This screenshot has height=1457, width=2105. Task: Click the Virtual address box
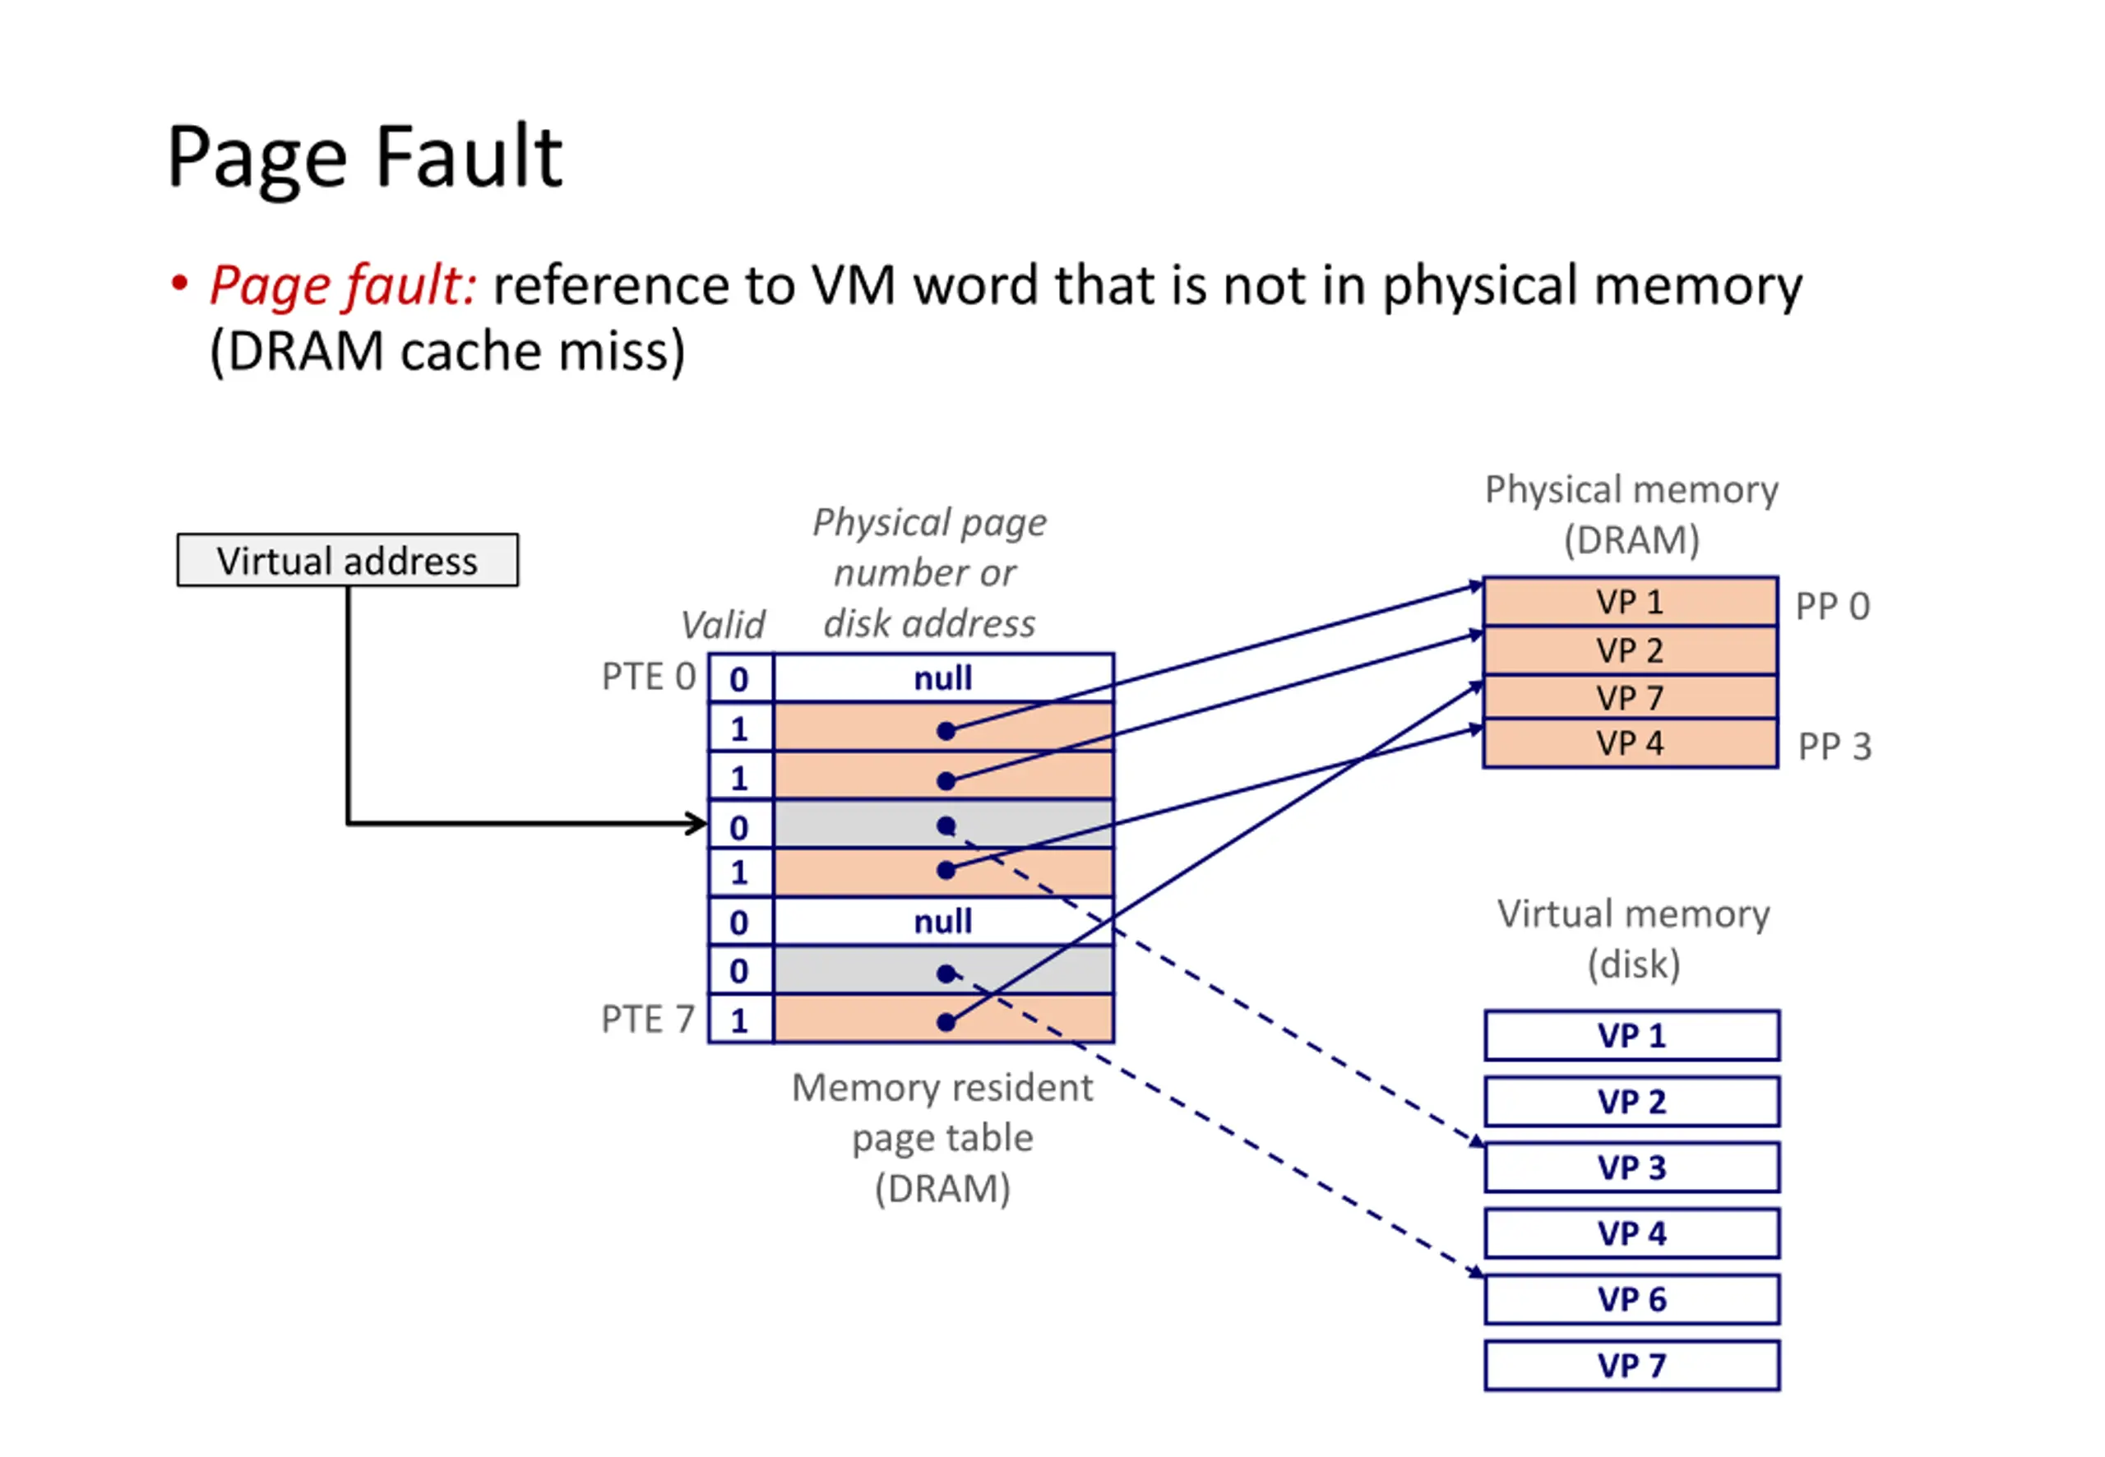click(x=348, y=560)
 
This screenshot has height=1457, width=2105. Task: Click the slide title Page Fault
click(x=364, y=157)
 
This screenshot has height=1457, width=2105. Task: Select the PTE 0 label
click(x=648, y=677)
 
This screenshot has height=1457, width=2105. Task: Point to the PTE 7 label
click(x=647, y=1019)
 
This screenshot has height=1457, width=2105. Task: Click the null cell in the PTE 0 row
click(x=943, y=678)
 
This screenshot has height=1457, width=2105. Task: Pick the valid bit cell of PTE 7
click(x=740, y=1020)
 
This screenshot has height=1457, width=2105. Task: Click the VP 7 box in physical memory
click(x=1631, y=697)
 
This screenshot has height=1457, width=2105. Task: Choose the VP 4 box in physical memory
click(x=1631, y=744)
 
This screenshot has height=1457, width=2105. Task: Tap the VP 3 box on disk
click(x=1631, y=1168)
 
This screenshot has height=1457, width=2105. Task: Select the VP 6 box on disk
click(x=1631, y=1299)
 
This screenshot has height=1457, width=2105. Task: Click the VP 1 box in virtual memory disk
click(x=1631, y=1035)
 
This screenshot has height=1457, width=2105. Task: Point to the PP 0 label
click(x=1832, y=606)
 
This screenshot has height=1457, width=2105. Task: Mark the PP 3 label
click(x=1834, y=747)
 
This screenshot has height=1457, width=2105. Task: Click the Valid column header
click(x=723, y=626)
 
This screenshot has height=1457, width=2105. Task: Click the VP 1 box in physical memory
click(x=1631, y=602)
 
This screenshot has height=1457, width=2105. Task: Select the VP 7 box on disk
click(x=1631, y=1366)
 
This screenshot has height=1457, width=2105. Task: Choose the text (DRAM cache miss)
click(x=447, y=351)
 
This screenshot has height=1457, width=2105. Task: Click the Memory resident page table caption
click(x=942, y=1137)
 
